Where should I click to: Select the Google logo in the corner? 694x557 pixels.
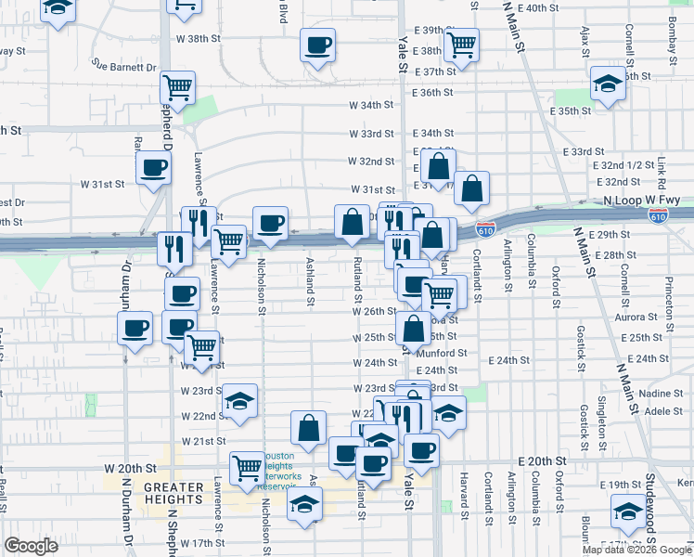click(31, 546)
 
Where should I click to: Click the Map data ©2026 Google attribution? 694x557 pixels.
click(636, 550)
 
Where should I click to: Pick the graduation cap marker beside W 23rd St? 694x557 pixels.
click(240, 401)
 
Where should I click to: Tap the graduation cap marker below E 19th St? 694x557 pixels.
click(628, 511)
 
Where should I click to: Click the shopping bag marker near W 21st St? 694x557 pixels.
click(309, 428)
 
